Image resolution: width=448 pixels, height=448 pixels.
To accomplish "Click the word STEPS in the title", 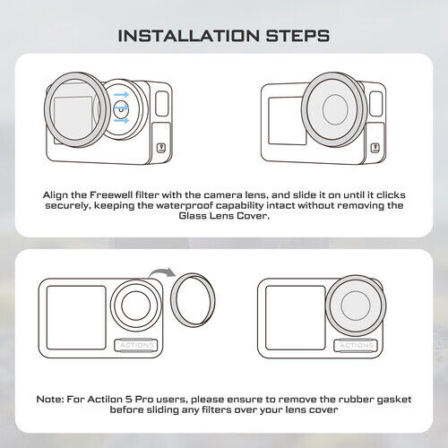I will click(293, 36).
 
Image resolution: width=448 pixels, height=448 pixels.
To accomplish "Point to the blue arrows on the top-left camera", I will click(122, 110).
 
